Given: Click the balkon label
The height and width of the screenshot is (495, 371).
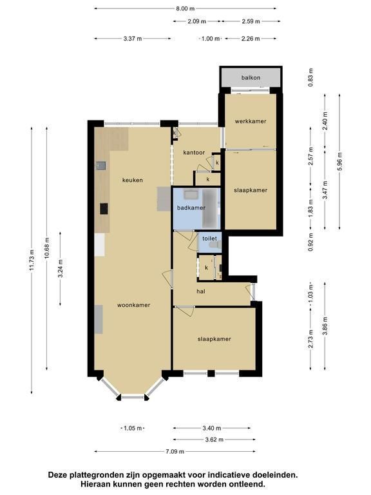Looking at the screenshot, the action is tap(251, 77).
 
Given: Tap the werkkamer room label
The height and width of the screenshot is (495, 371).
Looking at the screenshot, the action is tap(251, 121).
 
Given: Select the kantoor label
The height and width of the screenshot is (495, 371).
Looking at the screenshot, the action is tap(194, 153).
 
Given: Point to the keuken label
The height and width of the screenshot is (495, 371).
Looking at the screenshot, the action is tap(133, 180).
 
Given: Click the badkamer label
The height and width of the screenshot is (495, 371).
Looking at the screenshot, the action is tap(191, 208).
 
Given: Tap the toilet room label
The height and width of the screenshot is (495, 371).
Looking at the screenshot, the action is tap(210, 238).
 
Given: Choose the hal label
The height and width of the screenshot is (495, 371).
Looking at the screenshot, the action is tap(201, 291).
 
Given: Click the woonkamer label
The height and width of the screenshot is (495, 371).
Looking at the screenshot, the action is tap(134, 305).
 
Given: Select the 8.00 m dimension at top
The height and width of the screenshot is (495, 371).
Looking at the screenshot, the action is tap(185, 8).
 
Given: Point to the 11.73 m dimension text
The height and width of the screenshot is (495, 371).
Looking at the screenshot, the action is tap(32, 260).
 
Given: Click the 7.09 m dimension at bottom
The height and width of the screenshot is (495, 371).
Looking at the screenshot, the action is tap(175, 451).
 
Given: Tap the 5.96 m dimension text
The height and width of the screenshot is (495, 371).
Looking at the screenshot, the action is tap(339, 162).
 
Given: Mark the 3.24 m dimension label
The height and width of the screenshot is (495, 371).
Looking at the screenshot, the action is tap(61, 268).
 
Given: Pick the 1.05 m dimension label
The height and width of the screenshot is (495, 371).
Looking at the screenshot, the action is tap(133, 429).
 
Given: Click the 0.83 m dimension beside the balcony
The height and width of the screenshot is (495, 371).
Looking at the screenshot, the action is tap(310, 77).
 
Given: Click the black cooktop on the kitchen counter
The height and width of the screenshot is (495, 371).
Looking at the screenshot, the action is tap(104, 209).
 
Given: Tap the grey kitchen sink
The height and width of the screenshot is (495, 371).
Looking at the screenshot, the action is tap(101, 166).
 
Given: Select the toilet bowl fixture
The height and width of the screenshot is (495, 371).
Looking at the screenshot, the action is tap(216, 245).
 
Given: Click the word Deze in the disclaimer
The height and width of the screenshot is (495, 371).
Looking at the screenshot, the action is tap(58, 474).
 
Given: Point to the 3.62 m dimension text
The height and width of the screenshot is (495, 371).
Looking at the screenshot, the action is tap(214, 440).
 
